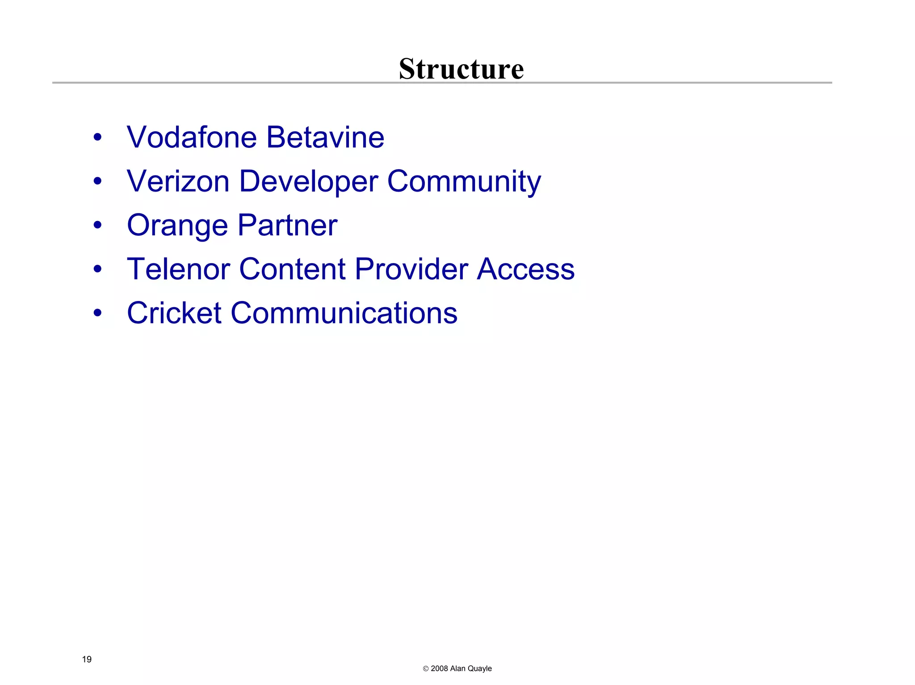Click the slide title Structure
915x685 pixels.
[x=461, y=69]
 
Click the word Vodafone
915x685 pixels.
[x=192, y=137]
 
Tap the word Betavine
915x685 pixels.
[x=325, y=137]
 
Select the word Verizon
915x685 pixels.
[x=178, y=181]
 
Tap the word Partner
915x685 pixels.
[x=287, y=225]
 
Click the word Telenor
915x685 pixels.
[x=178, y=269]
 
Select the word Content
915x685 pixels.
[x=292, y=269]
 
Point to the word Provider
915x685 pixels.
[x=411, y=269]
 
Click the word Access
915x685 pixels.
[x=525, y=269]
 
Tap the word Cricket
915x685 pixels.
[x=174, y=313]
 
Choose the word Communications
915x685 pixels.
[x=344, y=313]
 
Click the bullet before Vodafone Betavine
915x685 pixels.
[x=98, y=138]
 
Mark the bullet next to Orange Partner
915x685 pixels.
[x=98, y=226]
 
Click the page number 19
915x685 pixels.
[x=87, y=659]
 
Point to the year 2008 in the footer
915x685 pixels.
[x=439, y=668]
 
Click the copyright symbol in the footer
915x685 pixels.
[x=425, y=669]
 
